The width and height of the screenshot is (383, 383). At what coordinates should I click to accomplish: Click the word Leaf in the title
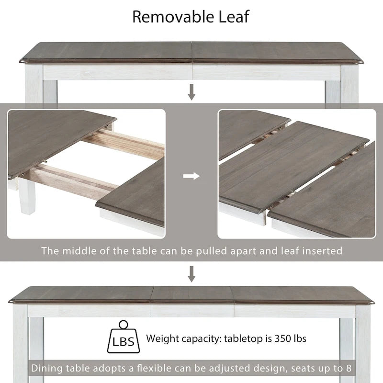[233, 17]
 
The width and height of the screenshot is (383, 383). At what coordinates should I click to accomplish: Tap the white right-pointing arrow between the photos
[191, 176]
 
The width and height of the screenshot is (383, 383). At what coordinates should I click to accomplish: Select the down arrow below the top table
[191, 91]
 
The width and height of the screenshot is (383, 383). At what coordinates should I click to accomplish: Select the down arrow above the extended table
[191, 274]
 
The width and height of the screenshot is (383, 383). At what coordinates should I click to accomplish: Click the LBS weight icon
[124, 338]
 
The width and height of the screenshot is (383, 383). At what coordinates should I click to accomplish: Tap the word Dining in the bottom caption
[46, 368]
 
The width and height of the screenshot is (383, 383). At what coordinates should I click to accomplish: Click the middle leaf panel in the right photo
[292, 165]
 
